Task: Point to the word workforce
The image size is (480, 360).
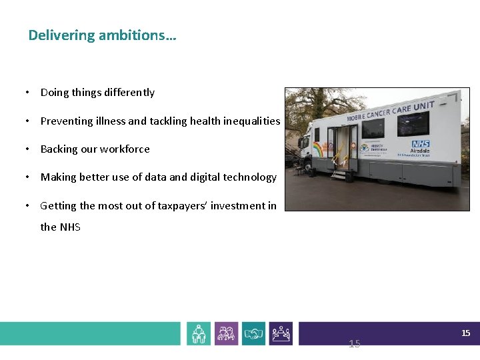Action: pos(124,149)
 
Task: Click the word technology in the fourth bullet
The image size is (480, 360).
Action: pos(247,177)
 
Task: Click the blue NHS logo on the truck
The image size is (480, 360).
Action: pos(421,144)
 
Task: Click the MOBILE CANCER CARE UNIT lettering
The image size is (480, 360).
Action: pos(390,112)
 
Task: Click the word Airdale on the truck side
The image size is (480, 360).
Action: pos(419,151)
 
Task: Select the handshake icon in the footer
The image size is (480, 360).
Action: pos(253,333)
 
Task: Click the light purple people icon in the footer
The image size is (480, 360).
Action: pos(226,333)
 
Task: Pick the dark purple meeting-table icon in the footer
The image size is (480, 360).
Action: pos(281,333)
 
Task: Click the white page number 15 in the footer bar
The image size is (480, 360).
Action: pos(466,333)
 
